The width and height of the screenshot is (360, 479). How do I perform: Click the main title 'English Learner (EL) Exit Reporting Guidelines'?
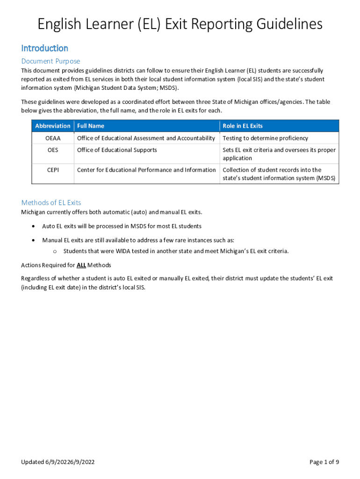point(180,24)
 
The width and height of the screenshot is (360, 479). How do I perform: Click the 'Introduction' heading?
point(45,48)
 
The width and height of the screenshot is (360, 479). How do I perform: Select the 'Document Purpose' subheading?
point(50,61)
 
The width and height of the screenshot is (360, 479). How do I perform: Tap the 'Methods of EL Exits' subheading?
point(51,203)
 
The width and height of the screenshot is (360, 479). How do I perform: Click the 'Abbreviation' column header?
point(53,126)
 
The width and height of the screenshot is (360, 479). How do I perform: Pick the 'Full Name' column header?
point(91,126)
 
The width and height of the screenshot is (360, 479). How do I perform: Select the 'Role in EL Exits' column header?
point(243,126)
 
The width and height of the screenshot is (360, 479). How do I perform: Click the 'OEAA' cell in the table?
point(53,138)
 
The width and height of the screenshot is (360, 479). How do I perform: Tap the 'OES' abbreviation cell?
point(53,150)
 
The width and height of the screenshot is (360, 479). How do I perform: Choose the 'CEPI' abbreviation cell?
point(53,170)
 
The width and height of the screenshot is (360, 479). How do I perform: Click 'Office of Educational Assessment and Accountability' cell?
point(146,138)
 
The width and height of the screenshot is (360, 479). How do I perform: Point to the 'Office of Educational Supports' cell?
point(117,150)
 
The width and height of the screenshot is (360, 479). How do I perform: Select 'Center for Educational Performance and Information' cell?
point(146,170)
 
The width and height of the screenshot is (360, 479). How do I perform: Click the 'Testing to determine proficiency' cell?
point(265,138)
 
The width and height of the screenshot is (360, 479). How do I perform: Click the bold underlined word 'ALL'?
point(81,265)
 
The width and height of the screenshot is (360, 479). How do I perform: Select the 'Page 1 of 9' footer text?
point(324,462)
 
